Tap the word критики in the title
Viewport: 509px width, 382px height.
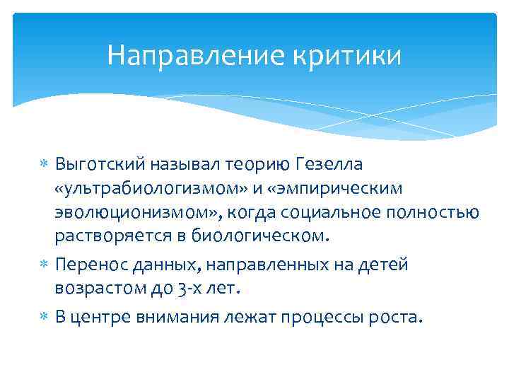[354, 55]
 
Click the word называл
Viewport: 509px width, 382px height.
[186, 166]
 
